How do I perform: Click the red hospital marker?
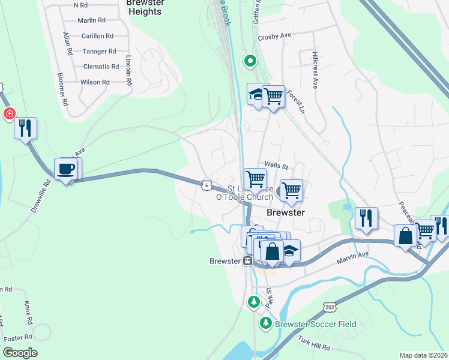pyautogui.click(x=9, y=113)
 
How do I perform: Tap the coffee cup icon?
pyautogui.click(x=65, y=169)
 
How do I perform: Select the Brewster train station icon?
pyautogui.click(x=247, y=261)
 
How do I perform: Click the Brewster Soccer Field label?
pyautogui.click(x=315, y=324)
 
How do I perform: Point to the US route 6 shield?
pyautogui.click(x=206, y=185)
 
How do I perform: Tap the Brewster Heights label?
pyautogui.click(x=145, y=8)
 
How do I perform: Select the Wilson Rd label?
pyautogui.click(x=95, y=82)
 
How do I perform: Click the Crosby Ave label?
pyautogui.click(x=274, y=36)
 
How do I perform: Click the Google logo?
pyautogui.click(x=20, y=353)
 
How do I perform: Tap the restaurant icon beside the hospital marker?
pyautogui.click(x=25, y=128)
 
